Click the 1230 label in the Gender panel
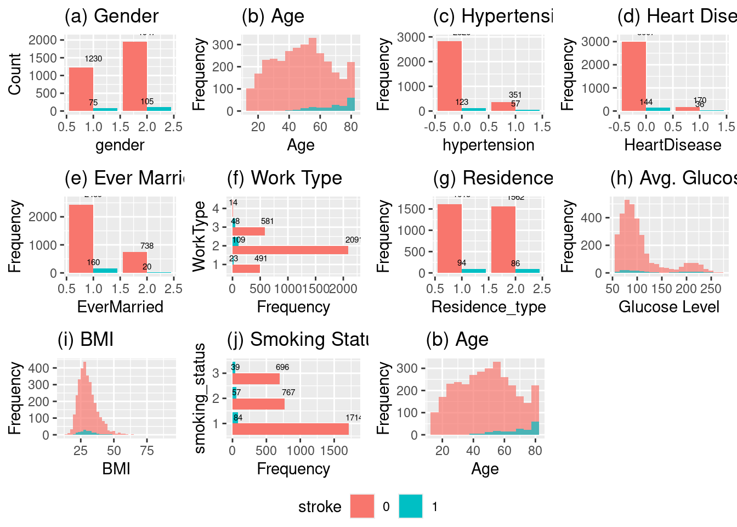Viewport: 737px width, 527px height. (93, 59)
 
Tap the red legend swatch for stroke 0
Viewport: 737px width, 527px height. (362, 506)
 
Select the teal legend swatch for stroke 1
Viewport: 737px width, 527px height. (411, 506)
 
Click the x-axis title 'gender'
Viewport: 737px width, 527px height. (120, 145)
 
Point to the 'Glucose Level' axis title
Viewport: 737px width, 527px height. (669, 307)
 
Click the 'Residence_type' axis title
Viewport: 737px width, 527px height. (489, 307)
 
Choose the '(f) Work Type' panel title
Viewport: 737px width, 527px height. (285, 178)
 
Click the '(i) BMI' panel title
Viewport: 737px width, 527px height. (86, 340)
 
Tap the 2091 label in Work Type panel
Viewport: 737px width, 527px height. (353, 240)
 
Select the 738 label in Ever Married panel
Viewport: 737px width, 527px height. (147, 246)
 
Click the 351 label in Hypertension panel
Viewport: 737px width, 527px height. (515, 95)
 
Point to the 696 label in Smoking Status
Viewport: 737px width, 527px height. (282, 367)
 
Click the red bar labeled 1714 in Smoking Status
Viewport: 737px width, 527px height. (291, 429)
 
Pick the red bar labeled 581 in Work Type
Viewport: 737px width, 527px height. (249, 231)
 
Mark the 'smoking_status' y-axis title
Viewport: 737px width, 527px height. (200, 398)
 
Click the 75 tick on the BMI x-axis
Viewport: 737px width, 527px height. (147, 451)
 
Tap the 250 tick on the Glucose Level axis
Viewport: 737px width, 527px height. (711, 289)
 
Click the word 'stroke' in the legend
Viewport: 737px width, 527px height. (320, 507)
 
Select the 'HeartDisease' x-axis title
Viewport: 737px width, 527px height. (673, 145)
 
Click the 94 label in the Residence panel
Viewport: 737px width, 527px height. (462, 263)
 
